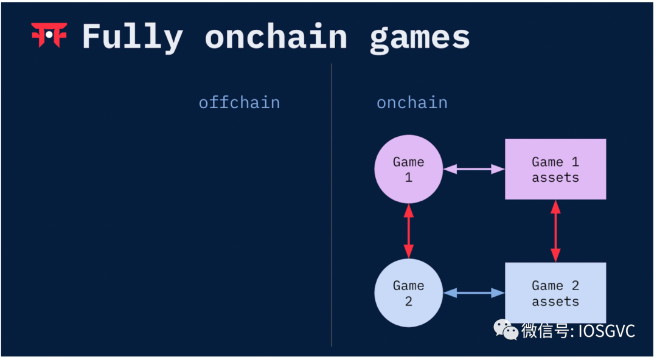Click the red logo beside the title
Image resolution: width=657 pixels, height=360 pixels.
coord(49,35)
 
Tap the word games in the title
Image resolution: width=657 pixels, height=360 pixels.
coord(420,38)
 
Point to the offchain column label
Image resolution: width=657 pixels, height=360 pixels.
coord(239,102)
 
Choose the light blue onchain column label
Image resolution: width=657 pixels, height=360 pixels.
coord(412,102)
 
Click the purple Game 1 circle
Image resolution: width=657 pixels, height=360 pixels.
coord(408,169)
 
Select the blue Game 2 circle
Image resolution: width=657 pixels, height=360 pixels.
coord(408,293)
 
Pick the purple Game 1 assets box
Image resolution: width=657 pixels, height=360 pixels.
coord(555,169)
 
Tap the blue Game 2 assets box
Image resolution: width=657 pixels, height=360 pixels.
coord(555,293)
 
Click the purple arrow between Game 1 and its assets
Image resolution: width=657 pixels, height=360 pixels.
coord(474,169)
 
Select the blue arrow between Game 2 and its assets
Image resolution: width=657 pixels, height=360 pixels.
coord(474,293)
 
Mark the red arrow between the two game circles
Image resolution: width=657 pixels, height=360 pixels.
coord(408,231)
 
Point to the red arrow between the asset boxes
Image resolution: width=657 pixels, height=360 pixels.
coord(555,231)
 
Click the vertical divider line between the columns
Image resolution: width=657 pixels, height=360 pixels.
coord(332,207)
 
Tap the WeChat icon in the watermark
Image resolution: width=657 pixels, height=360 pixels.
coord(506,330)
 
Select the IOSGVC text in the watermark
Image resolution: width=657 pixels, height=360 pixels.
coord(606,331)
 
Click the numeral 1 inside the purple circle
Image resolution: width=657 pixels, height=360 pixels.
coord(408,178)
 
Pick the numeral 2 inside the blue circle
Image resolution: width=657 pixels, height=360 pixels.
coord(408,302)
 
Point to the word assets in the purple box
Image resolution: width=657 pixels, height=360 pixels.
coord(555,178)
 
